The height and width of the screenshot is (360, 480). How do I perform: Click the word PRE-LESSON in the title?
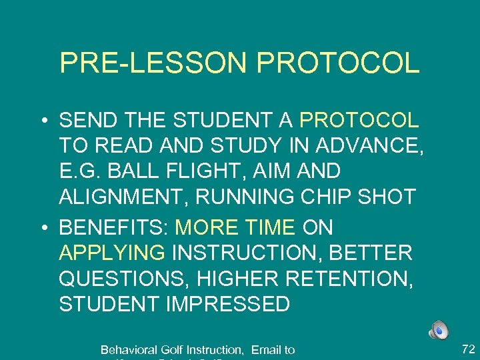(153, 63)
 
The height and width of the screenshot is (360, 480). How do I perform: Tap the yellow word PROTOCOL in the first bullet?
(359, 121)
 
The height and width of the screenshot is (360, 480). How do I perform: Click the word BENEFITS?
(113, 228)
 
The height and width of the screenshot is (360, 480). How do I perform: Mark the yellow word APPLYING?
(112, 253)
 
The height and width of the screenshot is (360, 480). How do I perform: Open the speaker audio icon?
(439, 330)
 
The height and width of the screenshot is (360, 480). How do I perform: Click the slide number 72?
(467, 348)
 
